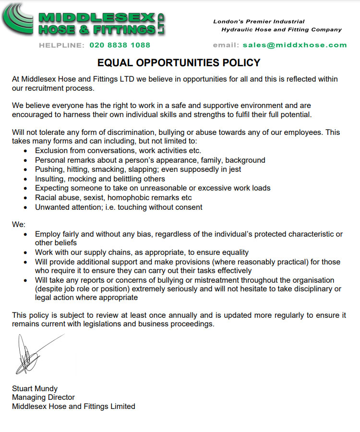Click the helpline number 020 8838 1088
click(x=120, y=45)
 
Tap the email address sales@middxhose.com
click(x=294, y=45)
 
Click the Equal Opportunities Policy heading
click(x=179, y=63)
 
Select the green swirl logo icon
click(x=18, y=19)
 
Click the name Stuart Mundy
click(x=35, y=388)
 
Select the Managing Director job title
click(x=43, y=397)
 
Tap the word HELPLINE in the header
click(x=61, y=45)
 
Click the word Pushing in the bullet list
click(x=49, y=169)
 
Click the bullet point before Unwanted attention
click(x=25, y=207)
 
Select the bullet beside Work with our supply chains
click(x=25, y=252)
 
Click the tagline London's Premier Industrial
click(x=259, y=22)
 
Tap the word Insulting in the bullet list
click(x=50, y=179)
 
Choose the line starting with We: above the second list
click(x=18, y=224)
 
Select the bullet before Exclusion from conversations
click(x=25, y=151)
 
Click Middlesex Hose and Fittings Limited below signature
click(x=73, y=407)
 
